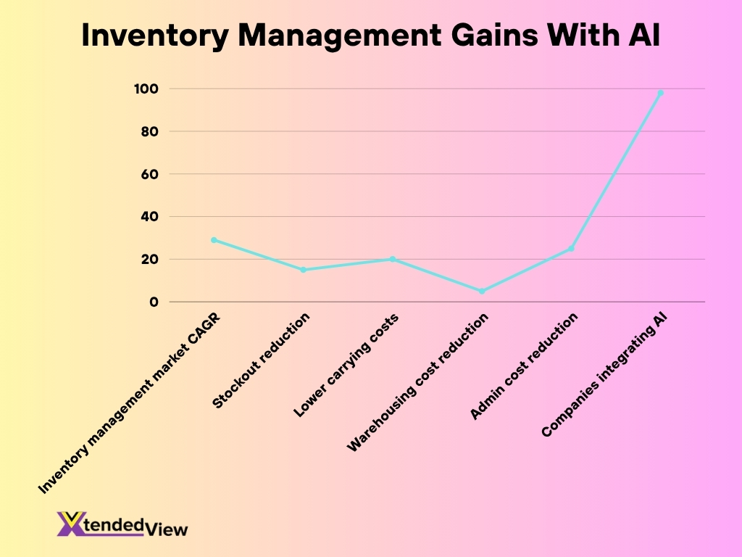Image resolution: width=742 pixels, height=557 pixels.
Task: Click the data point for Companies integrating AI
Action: (661, 93)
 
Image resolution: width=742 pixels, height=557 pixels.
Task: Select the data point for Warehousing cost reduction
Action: (482, 291)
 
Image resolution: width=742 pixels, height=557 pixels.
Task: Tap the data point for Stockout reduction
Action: (304, 270)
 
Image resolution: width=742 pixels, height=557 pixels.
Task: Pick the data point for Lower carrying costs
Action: (393, 259)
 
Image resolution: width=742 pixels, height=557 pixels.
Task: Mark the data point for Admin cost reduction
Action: (571, 249)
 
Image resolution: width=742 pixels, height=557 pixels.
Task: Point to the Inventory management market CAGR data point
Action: (214, 239)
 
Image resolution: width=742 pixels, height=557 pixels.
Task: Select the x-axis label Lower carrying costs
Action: (346, 366)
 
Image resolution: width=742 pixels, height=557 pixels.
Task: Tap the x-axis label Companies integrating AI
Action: (604, 375)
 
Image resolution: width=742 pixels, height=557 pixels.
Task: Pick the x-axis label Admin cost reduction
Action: (523, 367)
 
